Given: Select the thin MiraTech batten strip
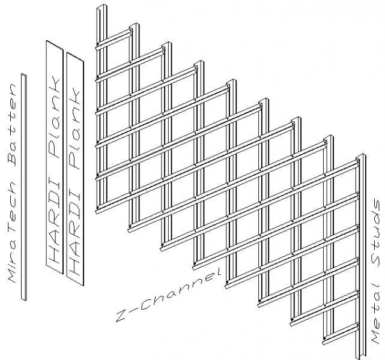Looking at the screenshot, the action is pos(24,187).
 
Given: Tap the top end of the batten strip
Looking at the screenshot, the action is pos(24,74).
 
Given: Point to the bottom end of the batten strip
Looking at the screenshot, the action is pos(24,299).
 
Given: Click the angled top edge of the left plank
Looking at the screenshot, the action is pos(55,45).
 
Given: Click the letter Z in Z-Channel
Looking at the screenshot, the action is pos(122,316).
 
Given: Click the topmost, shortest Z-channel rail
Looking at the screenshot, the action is pos(114,39).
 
